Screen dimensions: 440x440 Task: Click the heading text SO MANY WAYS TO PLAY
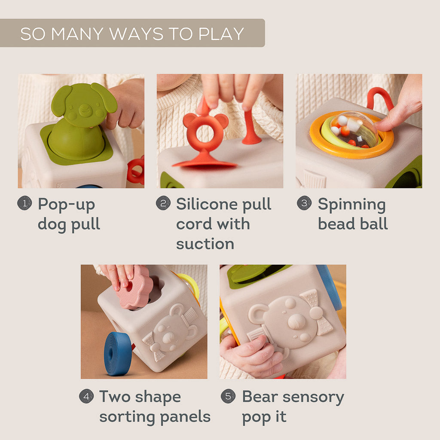pos(132,34)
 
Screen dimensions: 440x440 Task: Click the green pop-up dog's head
pos(83,105)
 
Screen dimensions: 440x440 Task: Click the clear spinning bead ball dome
pos(354,128)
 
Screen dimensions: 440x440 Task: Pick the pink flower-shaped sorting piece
pos(135,291)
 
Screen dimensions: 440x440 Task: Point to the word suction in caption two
pos(205,244)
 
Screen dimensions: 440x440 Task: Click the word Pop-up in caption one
pos(66,205)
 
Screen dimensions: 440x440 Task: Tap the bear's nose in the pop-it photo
pos(296,321)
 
